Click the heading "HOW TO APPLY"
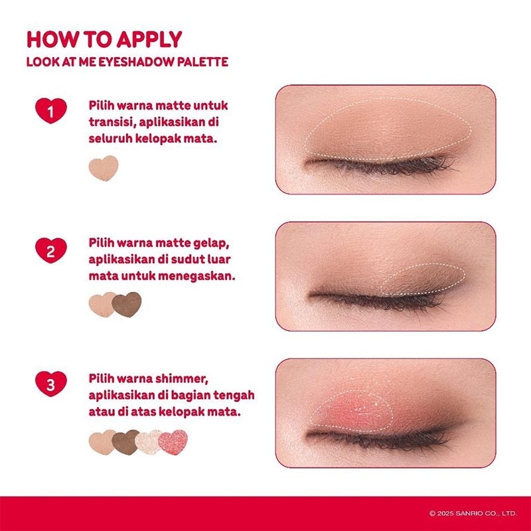click(104, 38)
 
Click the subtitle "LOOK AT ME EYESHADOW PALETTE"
click(127, 62)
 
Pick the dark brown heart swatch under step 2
click(127, 304)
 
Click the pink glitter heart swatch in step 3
click(174, 443)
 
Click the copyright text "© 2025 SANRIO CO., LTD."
click(473, 513)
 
